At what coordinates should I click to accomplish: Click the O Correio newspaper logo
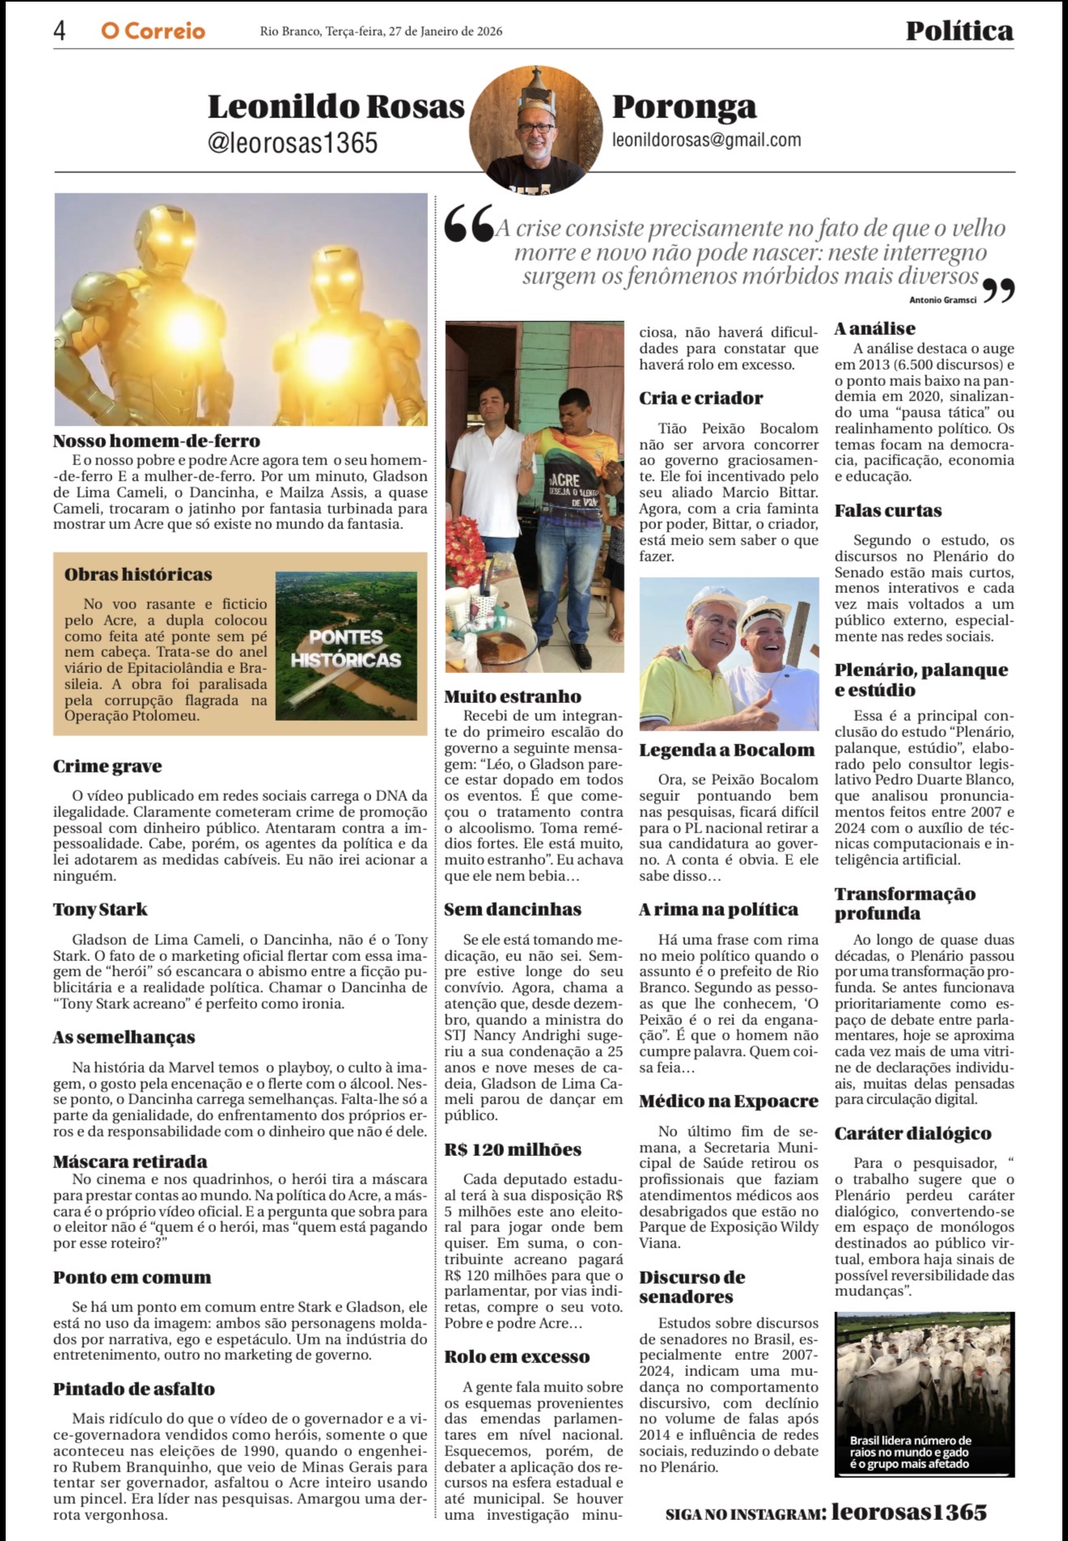tap(153, 31)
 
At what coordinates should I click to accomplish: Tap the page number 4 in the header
tap(60, 31)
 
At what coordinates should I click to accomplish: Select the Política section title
tap(959, 31)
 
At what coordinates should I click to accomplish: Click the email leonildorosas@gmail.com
tap(706, 140)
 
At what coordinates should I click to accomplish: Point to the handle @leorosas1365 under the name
tap(292, 142)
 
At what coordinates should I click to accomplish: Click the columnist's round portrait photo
tap(535, 129)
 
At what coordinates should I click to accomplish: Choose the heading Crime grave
tap(108, 766)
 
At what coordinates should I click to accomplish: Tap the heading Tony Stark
tap(100, 909)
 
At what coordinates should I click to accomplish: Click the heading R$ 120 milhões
tap(513, 1149)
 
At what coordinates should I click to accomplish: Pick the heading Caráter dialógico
tap(913, 1133)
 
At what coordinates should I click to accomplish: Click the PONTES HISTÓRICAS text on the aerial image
tap(345, 649)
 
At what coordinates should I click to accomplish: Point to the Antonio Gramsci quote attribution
tap(943, 300)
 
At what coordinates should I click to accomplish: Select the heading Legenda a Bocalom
tap(727, 750)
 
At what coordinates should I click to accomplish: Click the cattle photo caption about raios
tap(910, 1451)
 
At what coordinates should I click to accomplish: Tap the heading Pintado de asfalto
tap(134, 1389)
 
